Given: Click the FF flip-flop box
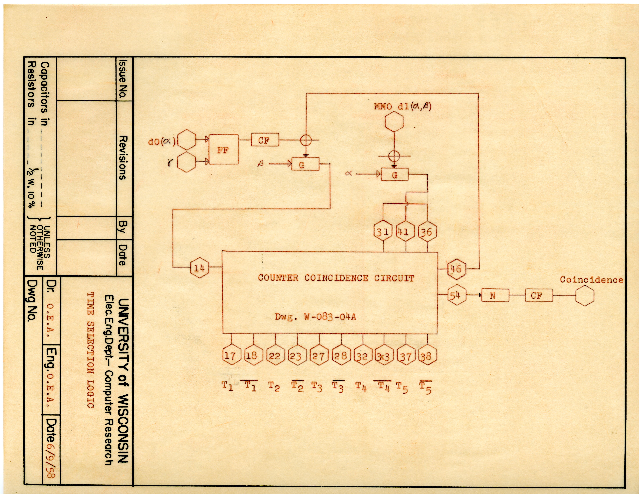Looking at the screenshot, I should [x=223, y=150].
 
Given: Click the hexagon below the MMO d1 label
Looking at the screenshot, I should [x=394, y=122].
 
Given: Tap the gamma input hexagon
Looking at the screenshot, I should [x=186, y=162].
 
